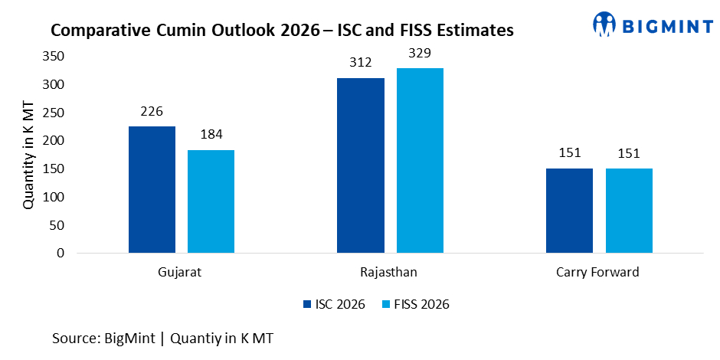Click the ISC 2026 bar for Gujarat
152,189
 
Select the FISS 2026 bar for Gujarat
211,201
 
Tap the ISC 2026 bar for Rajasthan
361,165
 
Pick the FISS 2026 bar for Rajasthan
420,160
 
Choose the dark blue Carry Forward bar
569,210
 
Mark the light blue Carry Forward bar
629,210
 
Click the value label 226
152,112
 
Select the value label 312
361,64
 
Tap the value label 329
420,54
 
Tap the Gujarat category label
182,272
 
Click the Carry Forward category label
599,272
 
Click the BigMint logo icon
604,24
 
